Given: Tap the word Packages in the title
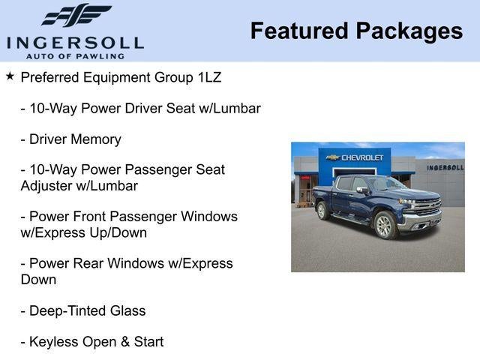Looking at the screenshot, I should coord(409,31).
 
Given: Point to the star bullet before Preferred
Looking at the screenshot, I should coord(10,76).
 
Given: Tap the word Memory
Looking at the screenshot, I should coord(96,139).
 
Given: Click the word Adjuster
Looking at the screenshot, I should coord(49,186).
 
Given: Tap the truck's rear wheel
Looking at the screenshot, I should coord(323,211).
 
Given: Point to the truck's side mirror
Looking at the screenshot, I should coord(362,190).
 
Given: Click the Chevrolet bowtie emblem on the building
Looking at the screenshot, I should coord(334,157).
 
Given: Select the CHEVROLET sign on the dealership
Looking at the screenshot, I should coord(362,157).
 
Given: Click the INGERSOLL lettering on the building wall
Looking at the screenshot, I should coord(445,167).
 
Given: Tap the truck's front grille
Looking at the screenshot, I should coord(427,208).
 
